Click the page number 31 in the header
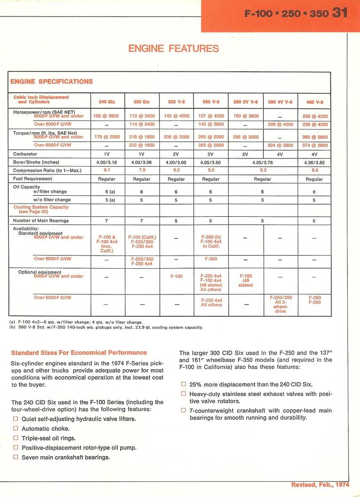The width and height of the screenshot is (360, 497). (340, 13)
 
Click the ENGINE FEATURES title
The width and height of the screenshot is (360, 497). (173, 49)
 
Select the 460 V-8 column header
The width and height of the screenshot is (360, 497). (314, 102)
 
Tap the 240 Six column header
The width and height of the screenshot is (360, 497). (107, 102)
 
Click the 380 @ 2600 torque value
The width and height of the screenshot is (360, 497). (314, 137)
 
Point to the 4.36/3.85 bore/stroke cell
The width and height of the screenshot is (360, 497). (314, 162)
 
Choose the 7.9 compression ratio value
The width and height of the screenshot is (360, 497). (142, 171)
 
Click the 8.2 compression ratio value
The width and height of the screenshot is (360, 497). (263, 171)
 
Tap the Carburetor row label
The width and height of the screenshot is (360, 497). (25, 154)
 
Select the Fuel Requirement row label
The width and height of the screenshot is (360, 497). (33, 179)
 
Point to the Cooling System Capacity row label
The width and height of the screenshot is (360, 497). (41, 210)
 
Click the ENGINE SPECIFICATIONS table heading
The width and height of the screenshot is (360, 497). (51, 82)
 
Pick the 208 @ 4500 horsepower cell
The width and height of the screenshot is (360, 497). (280, 124)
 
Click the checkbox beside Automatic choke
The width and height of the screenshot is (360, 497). (16, 428)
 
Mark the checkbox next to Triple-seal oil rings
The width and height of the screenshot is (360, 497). (16, 438)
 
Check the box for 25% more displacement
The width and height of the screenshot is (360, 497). (183, 384)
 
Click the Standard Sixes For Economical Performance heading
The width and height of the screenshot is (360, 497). (79, 353)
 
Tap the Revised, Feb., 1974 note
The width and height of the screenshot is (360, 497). (319, 485)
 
